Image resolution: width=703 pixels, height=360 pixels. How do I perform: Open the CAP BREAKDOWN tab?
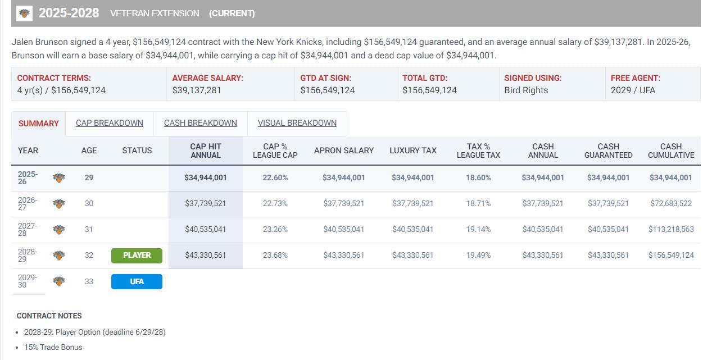point(110,123)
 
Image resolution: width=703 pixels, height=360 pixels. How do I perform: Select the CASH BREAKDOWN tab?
point(200,123)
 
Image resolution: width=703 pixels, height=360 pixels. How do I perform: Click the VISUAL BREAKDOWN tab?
point(297,123)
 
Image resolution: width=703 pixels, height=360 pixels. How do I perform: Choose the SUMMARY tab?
point(38,124)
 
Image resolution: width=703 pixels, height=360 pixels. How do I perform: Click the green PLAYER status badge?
point(137,256)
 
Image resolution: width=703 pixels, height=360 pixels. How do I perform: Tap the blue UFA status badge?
point(137,281)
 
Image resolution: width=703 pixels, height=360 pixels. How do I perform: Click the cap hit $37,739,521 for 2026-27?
point(205,203)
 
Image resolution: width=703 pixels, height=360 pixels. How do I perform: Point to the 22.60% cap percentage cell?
point(275,177)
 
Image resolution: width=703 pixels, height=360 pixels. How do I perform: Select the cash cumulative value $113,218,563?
point(670,229)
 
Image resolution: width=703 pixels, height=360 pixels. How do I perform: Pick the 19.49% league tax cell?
point(478,255)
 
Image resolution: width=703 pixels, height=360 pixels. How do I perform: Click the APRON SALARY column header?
point(343,151)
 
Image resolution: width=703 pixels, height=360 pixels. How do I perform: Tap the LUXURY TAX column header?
point(412,151)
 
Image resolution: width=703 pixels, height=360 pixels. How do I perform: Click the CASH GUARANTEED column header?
point(608,151)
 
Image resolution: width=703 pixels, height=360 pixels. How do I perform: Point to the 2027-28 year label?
point(28,229)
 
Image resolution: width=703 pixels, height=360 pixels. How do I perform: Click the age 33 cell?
point(89,281)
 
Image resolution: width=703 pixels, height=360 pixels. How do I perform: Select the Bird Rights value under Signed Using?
point(526,90)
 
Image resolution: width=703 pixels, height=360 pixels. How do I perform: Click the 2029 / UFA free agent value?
point(633,90)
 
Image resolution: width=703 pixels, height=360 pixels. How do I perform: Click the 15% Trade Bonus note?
point(53,347)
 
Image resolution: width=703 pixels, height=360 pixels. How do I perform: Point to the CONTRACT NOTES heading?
point(49,316)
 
